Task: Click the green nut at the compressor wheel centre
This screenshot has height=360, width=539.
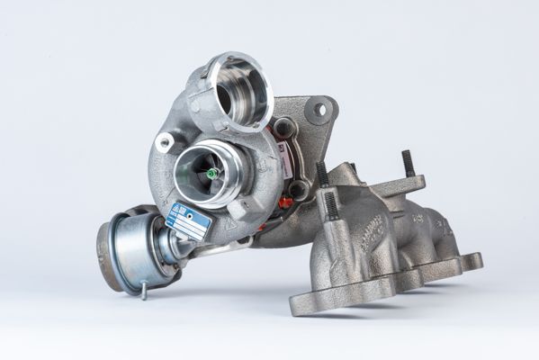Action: (x=212, y=173)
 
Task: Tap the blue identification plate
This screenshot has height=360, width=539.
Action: (x=188, y=220)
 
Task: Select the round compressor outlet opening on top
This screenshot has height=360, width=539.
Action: (x=238, y=90)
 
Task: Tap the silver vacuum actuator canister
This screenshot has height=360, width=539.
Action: (x=130, y=251)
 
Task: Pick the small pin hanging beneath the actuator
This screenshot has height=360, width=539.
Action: (x=142, y=292)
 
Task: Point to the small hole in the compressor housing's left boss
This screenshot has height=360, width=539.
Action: (x=165, y=143)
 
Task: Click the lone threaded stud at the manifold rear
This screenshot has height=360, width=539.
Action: (x=408, y=163)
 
